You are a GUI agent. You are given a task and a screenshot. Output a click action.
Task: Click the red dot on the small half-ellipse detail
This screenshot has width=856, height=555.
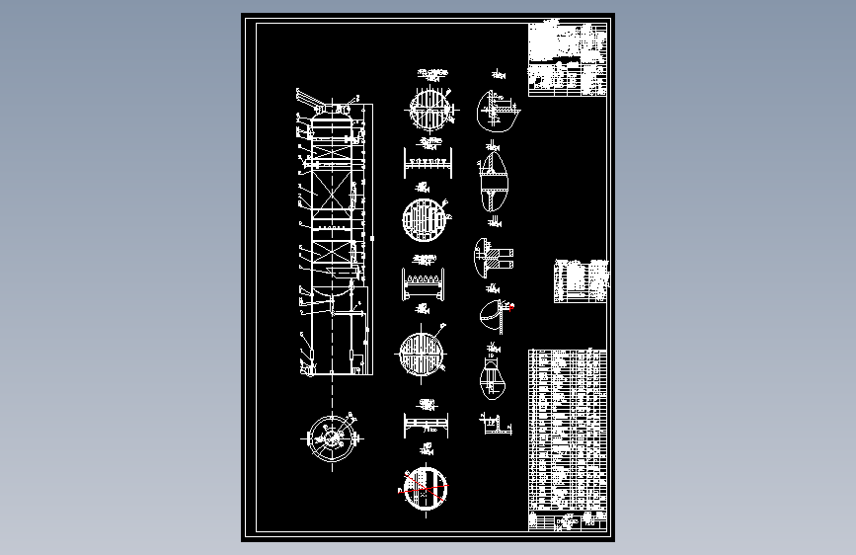[510, 306]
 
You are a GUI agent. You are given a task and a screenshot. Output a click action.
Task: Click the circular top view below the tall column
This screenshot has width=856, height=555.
[332, 437]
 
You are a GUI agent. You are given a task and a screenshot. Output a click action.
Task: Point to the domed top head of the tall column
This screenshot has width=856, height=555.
[333, 116]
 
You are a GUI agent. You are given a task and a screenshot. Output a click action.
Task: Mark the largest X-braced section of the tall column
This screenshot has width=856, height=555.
[332, 198]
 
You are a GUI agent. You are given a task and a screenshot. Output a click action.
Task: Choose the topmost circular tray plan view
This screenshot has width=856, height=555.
[428, 110]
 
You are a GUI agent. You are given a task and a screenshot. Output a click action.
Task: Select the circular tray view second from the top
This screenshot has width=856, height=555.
[425, 219]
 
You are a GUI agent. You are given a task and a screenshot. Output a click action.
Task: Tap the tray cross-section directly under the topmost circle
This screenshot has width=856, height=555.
[428, 162]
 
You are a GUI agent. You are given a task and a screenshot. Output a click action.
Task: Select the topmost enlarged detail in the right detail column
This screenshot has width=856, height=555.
[496, 109]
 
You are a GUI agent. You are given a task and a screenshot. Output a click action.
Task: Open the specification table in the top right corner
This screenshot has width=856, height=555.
[568, 59]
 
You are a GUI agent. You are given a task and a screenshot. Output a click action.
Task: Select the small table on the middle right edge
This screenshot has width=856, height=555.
[582, 280]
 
